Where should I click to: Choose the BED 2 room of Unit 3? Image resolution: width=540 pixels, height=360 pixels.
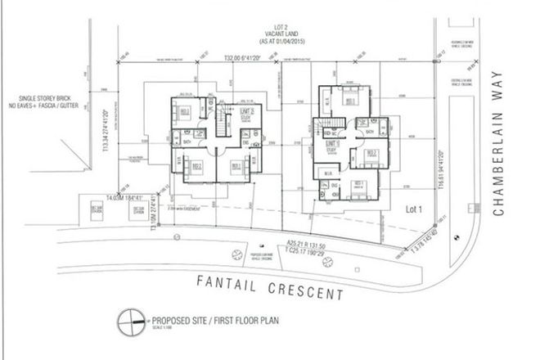coord(196,167)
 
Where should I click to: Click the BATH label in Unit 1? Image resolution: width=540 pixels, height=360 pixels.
coord(370,133)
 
